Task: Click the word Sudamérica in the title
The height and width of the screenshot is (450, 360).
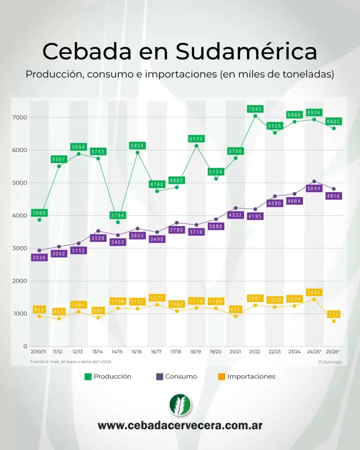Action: [246, 51]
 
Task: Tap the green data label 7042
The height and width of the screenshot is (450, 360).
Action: [255, 109]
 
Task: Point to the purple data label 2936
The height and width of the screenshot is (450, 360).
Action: [39, 258]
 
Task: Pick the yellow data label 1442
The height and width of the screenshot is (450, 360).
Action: [314, 292]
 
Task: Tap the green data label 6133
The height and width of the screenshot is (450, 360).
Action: [196, 139]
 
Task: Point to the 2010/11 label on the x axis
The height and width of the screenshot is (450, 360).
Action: [39, 352]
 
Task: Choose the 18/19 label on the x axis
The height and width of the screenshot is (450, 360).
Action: [196, 352]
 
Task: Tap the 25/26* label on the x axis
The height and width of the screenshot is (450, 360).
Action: [333, 352]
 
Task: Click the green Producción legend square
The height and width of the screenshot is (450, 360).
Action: [88, 377]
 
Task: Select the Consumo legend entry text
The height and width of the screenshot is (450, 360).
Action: [181, 377]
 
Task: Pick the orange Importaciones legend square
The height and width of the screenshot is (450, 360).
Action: [222, 377]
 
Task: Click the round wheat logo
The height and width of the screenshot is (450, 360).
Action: [180, 405]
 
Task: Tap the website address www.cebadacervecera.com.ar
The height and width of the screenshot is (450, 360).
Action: [180, 426]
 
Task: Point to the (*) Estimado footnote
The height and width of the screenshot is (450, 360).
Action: [330, 362]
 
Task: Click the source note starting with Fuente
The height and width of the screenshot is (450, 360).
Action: [70, 362]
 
